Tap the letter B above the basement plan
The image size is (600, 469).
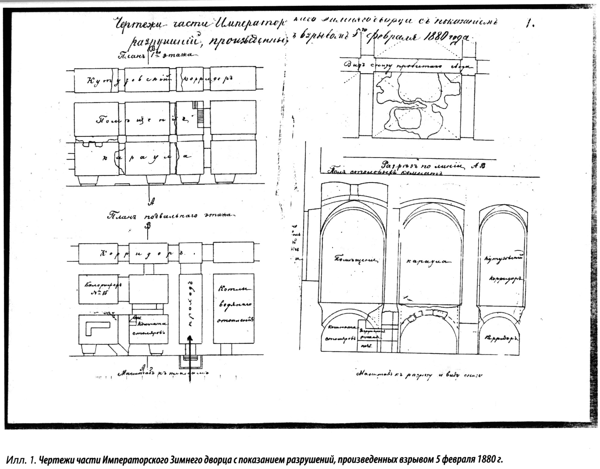tap(148, 226)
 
